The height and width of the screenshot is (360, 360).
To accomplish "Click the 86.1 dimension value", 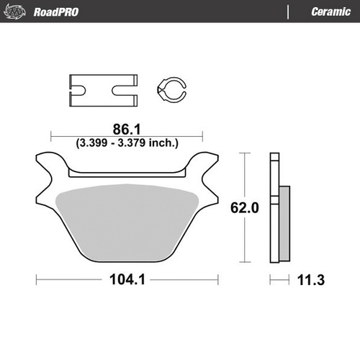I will (x=126, y=130).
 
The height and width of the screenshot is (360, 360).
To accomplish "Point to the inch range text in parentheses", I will (x=127, y=143).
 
